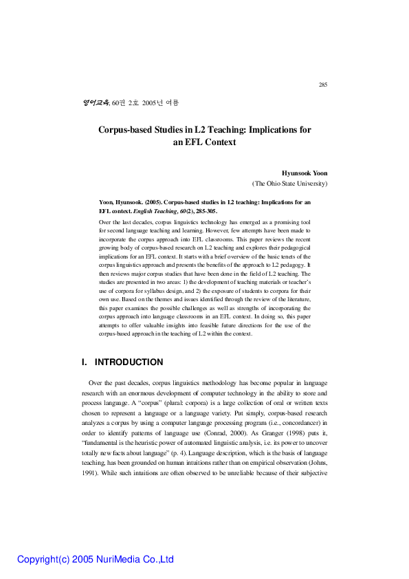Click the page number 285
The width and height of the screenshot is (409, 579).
pyautogui.click(x=323, y=85)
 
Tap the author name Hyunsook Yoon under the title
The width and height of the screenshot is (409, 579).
pyautogui.click(x=305, y=173)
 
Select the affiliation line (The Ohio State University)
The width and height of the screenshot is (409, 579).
pyautogui.click(x=290, y=184)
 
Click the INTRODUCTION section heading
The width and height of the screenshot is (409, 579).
pyautogui.click(x=129, y=362)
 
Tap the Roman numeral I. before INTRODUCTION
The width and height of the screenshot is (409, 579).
pyautogui.click(x=85, y=362)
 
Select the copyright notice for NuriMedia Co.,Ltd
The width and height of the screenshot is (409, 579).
pyautogui.click(x=96, y=559)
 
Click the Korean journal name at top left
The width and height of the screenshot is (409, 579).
pyautogui.click(x=95, y=102)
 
